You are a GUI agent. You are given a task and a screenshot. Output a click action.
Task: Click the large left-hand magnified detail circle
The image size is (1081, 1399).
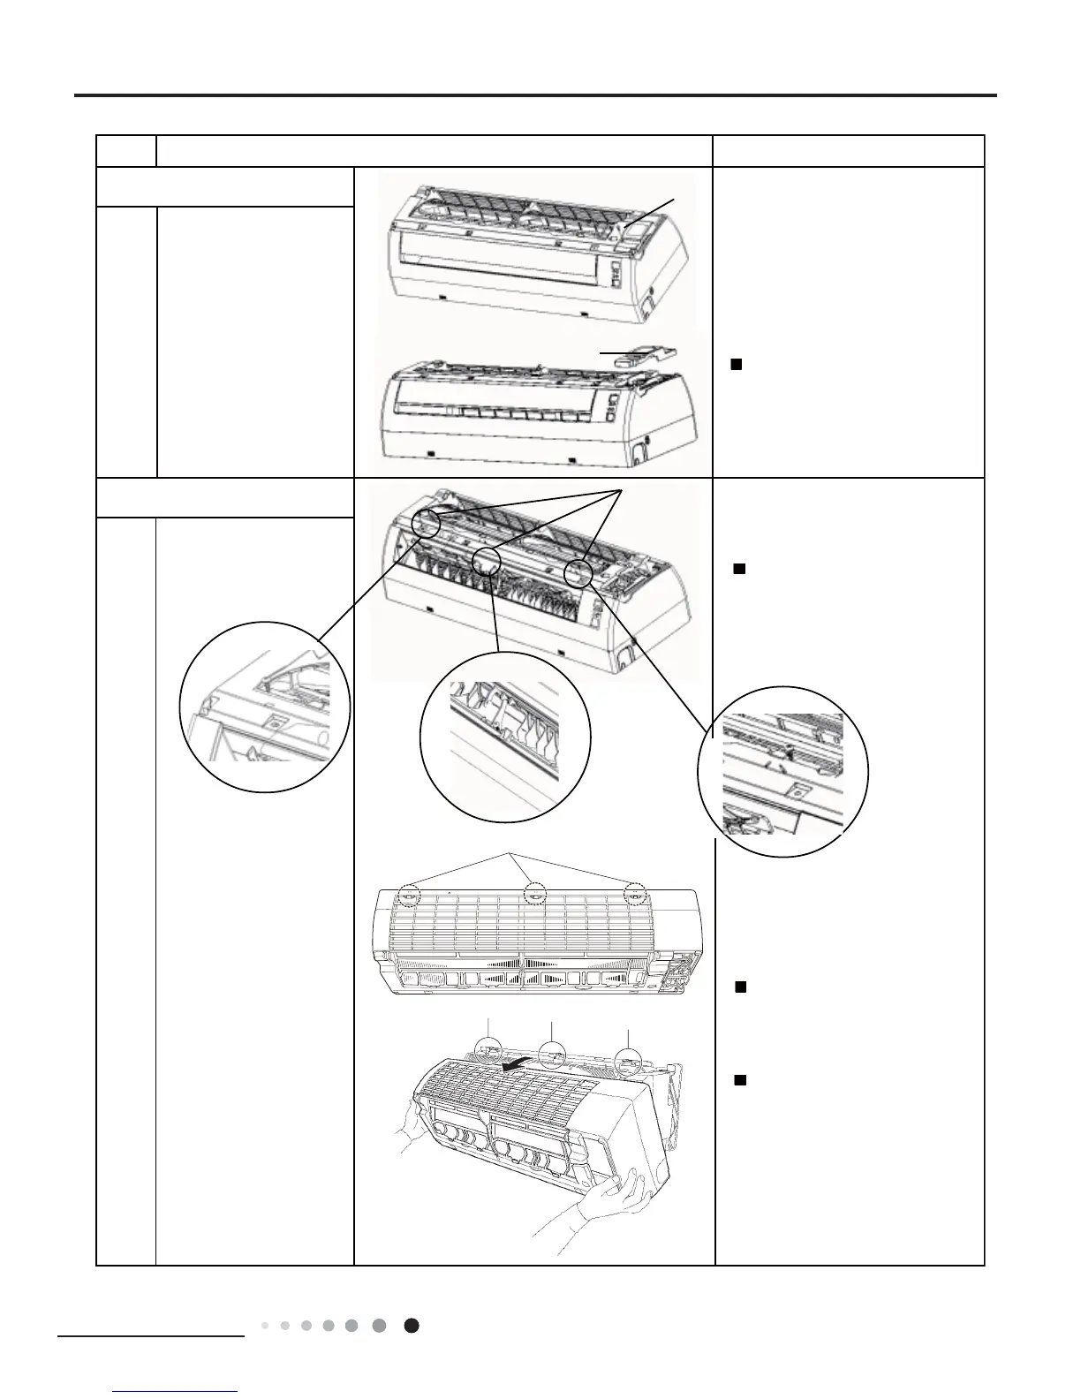click(264, 707)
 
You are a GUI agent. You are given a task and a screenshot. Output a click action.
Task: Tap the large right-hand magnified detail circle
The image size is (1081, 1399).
click(782, 770)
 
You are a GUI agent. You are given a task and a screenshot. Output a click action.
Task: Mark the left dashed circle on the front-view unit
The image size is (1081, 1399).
click(409, 896)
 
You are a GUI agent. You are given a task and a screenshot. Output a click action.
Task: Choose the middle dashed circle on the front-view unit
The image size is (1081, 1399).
click(534, 895)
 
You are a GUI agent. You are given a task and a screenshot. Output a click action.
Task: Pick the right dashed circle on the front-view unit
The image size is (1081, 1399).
click(635, 895)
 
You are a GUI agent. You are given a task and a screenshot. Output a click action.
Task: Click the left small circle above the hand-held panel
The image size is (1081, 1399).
click(488, 1050)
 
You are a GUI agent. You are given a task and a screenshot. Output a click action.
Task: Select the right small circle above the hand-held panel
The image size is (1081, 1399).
click(629, 1059)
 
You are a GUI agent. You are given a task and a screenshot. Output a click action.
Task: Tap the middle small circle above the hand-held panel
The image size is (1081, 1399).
click(553, 1055)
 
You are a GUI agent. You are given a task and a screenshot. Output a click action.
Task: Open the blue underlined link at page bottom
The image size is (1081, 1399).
click(177, 1392)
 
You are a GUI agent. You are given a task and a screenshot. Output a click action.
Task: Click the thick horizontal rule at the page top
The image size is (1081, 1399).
click(535, 95)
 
